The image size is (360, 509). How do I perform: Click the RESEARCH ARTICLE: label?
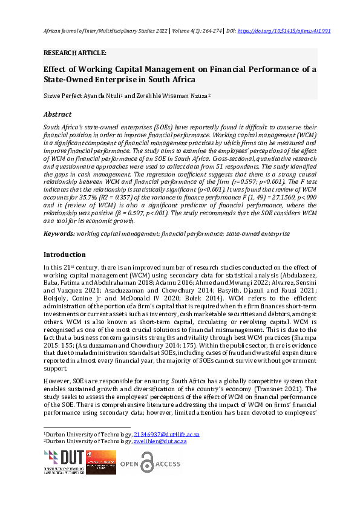tap(74, 53)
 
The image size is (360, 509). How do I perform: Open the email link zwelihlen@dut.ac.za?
tap(160, 442)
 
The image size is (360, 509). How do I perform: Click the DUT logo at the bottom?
tap(62, 462)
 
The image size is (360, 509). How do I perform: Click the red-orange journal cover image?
tap(100, 462)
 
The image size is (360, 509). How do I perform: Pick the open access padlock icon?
tap(147, 462)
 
